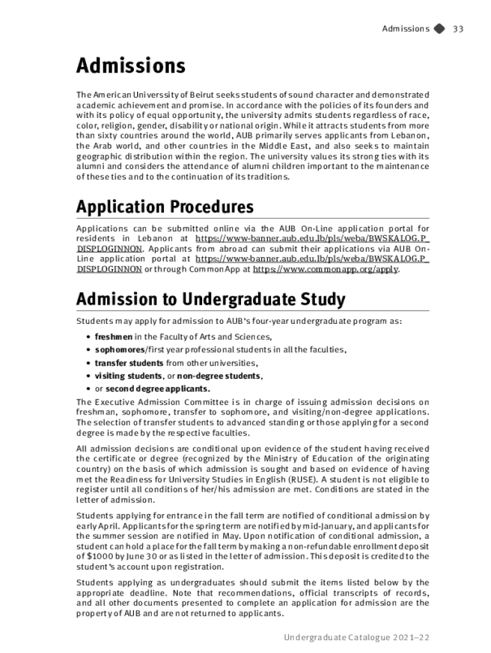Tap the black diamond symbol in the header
point(439,29)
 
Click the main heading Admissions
point(131,66)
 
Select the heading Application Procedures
point(165,207)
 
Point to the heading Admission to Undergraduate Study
point(210,299)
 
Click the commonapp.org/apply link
point(326,269)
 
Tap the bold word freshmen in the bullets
point(114,337)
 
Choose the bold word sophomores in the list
point(120,349)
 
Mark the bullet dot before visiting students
point(87,376)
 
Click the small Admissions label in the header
point(405,29)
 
